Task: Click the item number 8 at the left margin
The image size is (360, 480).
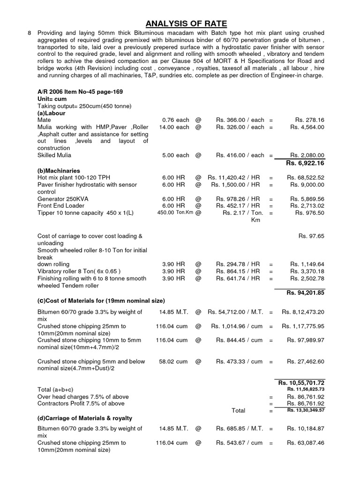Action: (x=30, y=33)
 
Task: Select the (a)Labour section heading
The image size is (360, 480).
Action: (x=51, y=113)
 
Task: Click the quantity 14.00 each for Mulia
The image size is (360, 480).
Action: (x=174, y=127)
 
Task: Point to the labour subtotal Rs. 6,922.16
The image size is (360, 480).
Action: (x=305, y=163)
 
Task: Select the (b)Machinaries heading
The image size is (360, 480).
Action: (x=59, y=171)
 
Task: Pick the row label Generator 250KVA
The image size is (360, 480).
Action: (x=63, y=199)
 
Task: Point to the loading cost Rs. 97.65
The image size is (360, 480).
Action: (x=311, y=236)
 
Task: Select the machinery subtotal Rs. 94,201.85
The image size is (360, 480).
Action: (x=305, y=292)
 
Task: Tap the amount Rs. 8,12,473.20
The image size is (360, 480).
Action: (x=303, y=312)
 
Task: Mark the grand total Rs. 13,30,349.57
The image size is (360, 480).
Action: (x=306, y=410)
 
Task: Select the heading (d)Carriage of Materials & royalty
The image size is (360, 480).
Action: (x=84, y=418)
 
